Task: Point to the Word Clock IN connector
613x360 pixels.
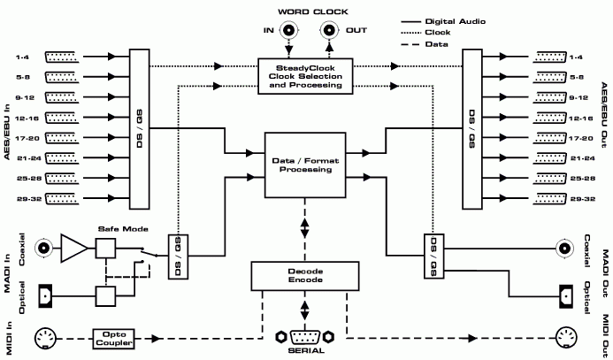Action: [289, 33]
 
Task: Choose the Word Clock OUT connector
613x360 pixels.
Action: [328, 33]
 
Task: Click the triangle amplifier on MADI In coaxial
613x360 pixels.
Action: [74, 249]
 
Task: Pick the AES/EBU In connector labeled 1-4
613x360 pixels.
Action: [61, 57]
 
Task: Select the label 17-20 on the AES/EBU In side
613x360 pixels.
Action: [22, 138]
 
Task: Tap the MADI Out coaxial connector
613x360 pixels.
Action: [563, 249]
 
